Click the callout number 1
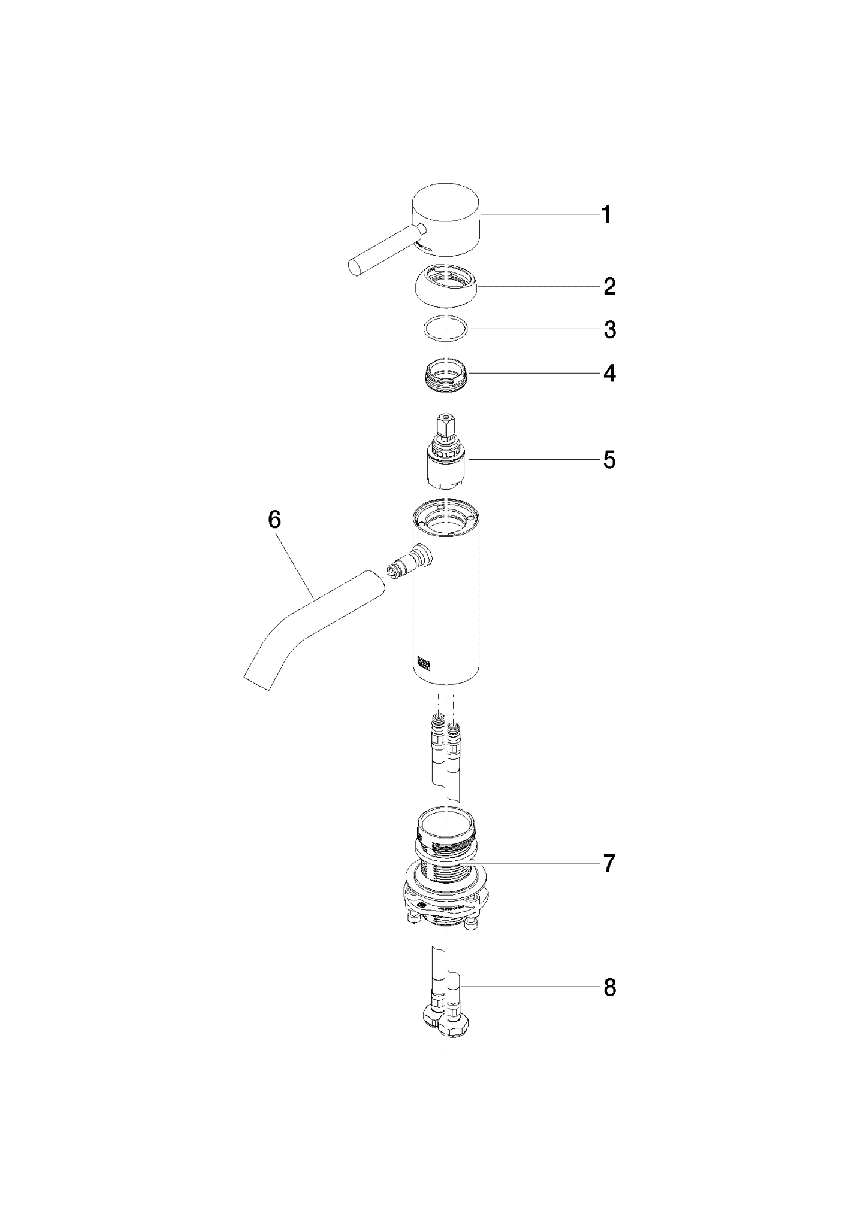[606, 214]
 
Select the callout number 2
[609, 287]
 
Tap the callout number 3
[609, 330]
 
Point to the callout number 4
[609, 374]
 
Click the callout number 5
[609, 460]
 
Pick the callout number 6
[274, 520]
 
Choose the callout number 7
[609, 863]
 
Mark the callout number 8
[609, 988]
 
